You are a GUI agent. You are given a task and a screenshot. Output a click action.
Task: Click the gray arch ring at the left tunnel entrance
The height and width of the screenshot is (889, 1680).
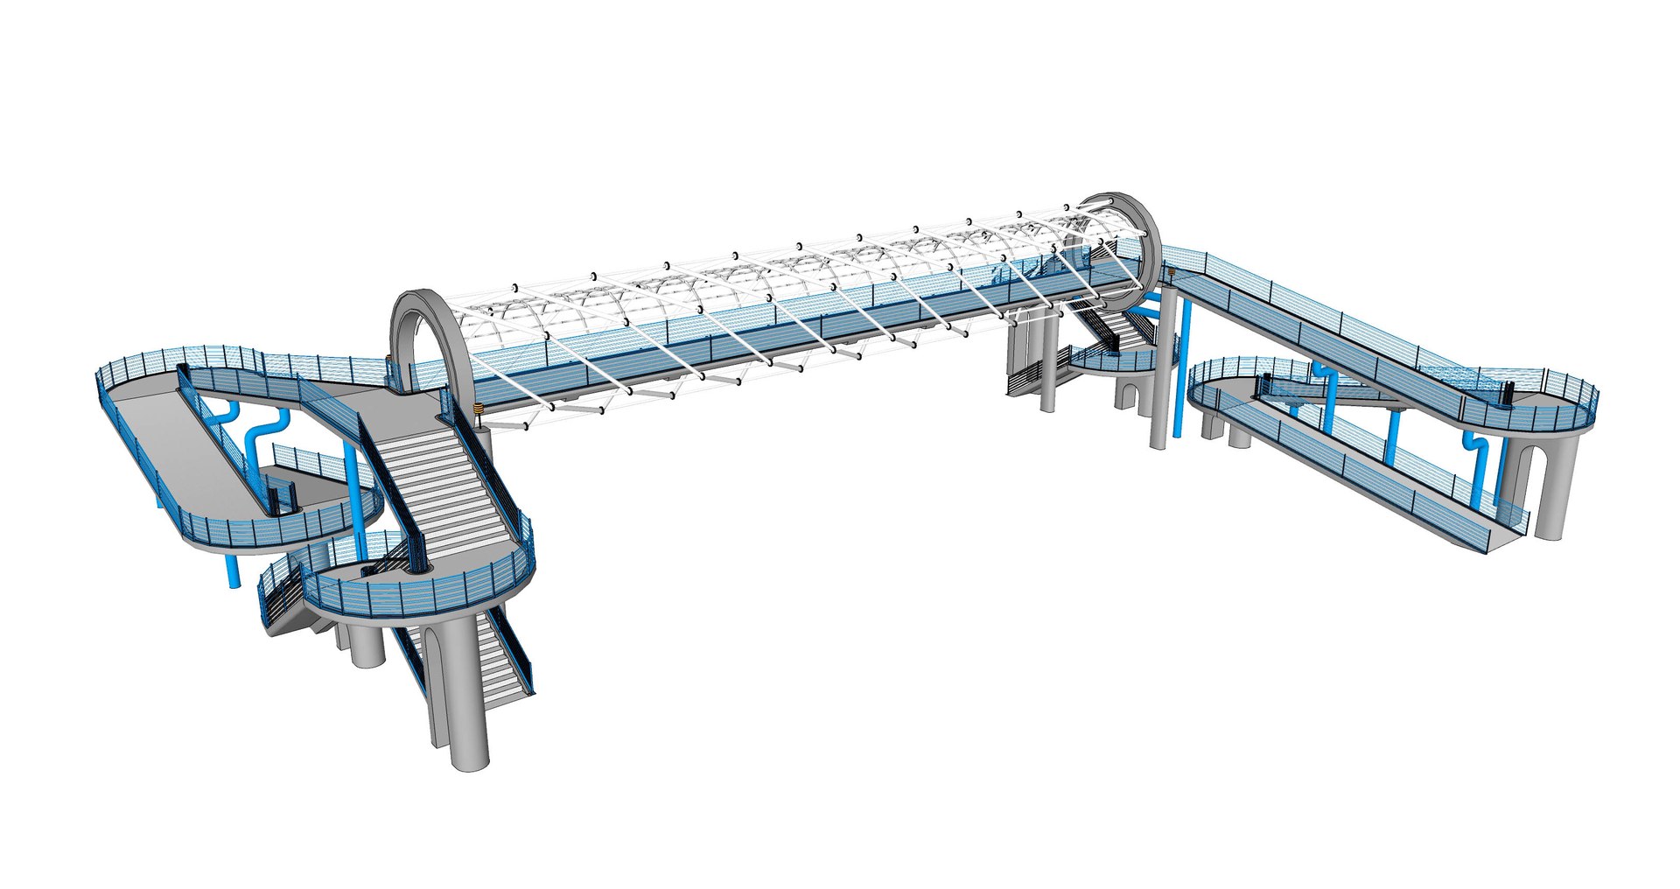coord(403,325)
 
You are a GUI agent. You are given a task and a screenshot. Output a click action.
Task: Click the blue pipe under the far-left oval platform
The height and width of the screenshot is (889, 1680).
coord(232,569)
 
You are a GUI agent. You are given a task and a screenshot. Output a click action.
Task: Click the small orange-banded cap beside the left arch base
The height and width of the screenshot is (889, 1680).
coord(478,409)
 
